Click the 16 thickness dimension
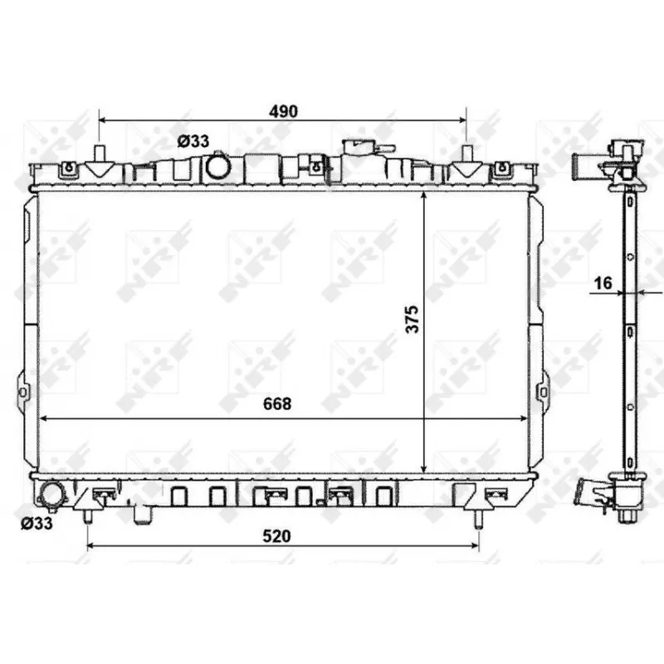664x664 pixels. tap(603, 283)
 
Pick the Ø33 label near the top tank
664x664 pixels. tap(193, 141)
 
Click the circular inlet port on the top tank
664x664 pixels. tap(219, 166)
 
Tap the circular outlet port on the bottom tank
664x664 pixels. tap(52, 496)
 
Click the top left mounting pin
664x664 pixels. tap(100, 154)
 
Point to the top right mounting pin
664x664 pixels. tap(467, 154)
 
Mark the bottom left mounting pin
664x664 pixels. tap(87, 516)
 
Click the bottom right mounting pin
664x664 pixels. tap(478, 518)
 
